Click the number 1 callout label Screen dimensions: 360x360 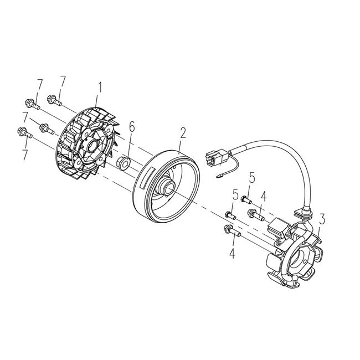[x=100, y=87]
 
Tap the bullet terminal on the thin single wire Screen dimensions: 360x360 [x=221, y=177]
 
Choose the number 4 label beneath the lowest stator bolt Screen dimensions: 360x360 [x=232, y=254]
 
